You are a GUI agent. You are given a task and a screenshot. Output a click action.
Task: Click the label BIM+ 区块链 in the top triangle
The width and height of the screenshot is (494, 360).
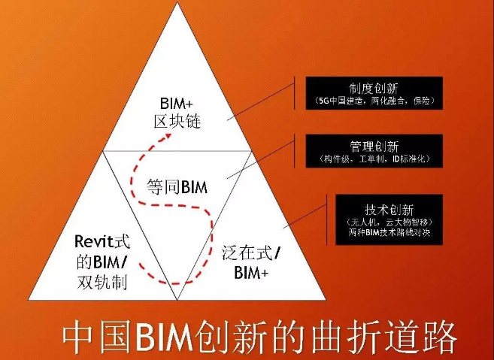177,113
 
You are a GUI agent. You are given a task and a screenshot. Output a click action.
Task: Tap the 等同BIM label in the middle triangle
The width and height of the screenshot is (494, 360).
177,187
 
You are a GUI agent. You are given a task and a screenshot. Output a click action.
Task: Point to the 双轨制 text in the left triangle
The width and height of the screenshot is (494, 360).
102,282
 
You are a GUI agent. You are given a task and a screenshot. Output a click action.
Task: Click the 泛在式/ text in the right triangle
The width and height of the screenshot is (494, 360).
250,253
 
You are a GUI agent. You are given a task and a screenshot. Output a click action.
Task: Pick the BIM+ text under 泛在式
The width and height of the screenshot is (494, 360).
251,272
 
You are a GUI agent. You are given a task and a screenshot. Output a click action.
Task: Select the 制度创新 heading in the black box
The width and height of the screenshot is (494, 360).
374,89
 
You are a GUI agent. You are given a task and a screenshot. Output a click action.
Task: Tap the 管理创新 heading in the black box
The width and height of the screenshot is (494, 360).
374,147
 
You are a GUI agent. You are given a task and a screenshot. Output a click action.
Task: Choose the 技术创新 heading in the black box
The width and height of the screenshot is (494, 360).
389,210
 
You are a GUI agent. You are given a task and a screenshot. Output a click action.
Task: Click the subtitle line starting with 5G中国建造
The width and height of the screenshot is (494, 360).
374,101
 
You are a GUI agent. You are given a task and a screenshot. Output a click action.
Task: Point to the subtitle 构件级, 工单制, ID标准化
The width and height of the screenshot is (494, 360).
374,159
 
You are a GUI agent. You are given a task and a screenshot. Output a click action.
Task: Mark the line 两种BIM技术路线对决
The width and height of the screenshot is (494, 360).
389,233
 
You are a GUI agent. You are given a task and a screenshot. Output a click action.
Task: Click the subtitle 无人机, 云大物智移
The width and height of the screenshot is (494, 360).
389,222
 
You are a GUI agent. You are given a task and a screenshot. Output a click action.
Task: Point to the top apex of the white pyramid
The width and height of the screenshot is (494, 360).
177,2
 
